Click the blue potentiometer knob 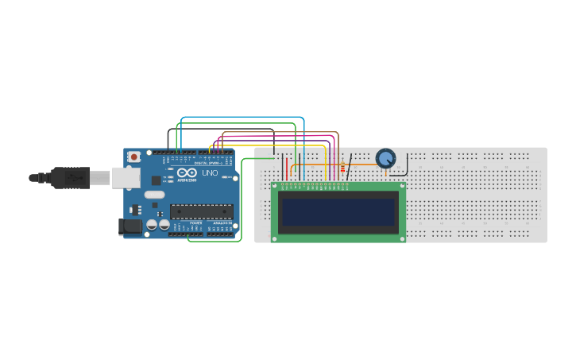(x=385, y=158)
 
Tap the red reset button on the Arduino (x=133, y=157)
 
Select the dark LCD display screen (x=338, y=211)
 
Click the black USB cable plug (x=71, y=178)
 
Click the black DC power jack (x=130, y=226)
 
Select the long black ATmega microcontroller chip (x=201, y=211)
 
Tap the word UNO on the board (x=210, y=173)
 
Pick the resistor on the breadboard (x=342, y=168)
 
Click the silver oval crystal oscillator (x=155, y=195)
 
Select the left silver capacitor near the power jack (x=151, y=225)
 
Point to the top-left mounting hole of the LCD (x=276, y=186)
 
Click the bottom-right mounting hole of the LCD (x=401, y=237)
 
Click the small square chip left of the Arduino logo (x=156, y=180)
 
